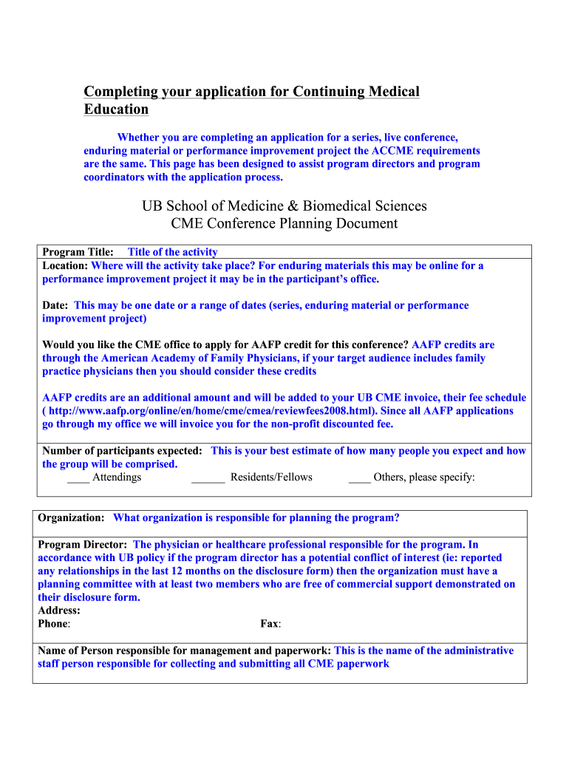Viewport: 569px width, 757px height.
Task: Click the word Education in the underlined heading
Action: (116, 109)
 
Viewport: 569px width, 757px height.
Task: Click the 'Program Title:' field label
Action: (78, 252)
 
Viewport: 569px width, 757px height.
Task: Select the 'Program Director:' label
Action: (84, 545)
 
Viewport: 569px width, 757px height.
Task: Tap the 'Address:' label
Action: (59, 611)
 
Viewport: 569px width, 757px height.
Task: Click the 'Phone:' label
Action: (54, 624)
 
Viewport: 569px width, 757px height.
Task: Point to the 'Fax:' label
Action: (270, 624)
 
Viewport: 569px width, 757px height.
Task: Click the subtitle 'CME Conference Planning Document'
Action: (284, 224)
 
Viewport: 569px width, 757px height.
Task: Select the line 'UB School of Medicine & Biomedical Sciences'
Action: (284, 206)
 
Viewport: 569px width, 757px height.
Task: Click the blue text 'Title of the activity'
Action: (173, 252)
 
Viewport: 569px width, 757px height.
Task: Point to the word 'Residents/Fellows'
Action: (271, 478)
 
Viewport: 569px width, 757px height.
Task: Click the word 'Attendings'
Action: (117, 478)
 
